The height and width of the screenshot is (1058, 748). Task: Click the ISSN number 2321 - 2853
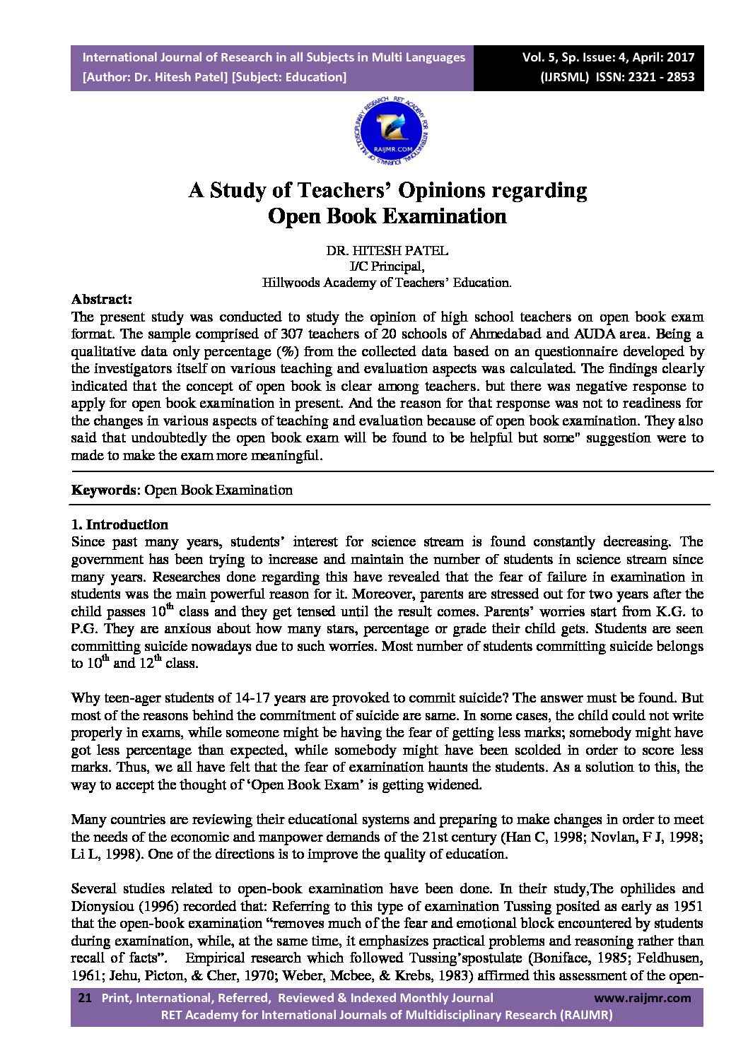coord(657,77)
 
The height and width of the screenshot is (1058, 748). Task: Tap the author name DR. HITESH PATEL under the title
coord(387,251)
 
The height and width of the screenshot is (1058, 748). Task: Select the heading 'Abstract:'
coord(101,299)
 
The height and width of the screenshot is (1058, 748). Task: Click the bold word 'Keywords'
coord(104,490)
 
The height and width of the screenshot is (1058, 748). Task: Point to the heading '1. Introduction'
coord(119,524)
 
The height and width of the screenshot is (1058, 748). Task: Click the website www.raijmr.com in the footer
coord(642,998)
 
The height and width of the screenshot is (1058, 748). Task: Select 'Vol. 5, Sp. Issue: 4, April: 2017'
coord(608,57)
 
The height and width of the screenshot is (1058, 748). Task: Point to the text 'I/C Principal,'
coord(387,266)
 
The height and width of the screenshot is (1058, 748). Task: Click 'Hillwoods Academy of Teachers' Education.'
coord(387,283)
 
